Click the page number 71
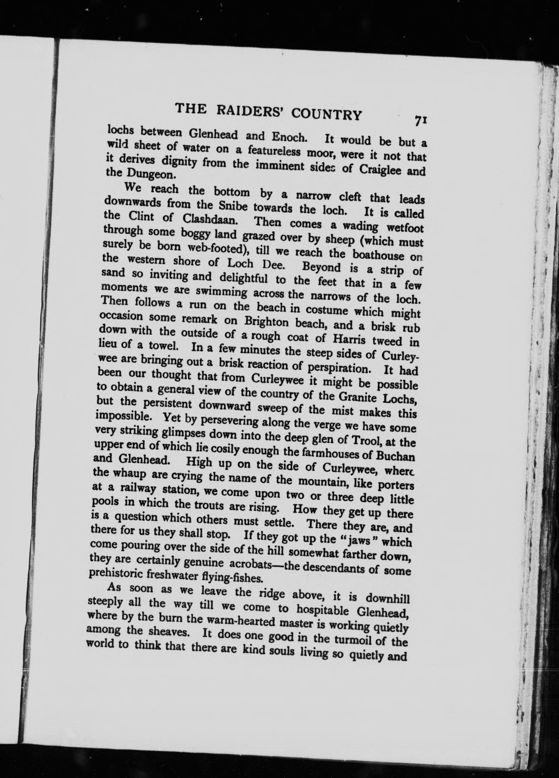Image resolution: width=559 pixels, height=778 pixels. point(420,121)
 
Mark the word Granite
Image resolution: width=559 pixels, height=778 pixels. point(357,397)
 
